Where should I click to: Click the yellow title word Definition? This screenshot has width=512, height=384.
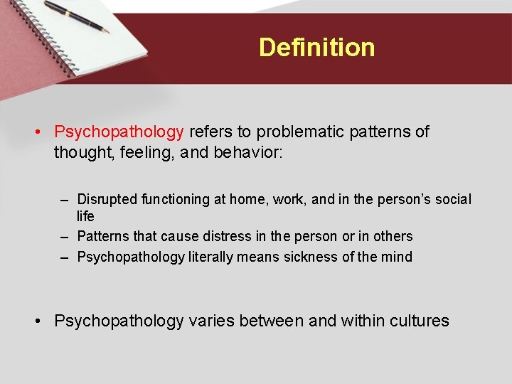pyautogui.click(x=316, y=48)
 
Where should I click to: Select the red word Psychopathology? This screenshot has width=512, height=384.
pyautogui.click(x=119, y=132)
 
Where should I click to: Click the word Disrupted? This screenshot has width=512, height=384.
pyautogui.click(x=107, y=200)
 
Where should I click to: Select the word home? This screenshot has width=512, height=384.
pyautogui.click(x=246, y=200)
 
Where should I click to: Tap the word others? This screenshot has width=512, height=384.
pyautogui.click(x=393, y=236)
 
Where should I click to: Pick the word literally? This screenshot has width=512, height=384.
pyautogui.click(x=211, y=257)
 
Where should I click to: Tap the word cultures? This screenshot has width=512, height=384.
pyautogui.click(x=419, y=321)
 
